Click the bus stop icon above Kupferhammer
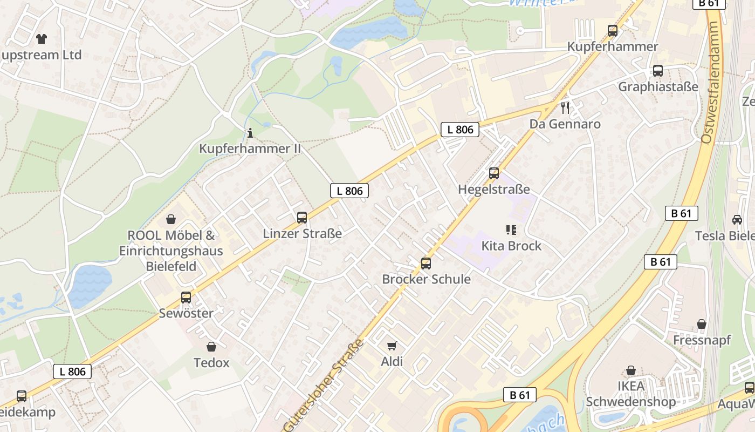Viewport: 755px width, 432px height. click(x=612, y=31)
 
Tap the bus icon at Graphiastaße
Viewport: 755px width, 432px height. click(x=657, y=71)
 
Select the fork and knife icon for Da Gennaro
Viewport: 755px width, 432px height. click(x=565, y=108)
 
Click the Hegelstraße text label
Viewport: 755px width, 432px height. click(x=493, y=190)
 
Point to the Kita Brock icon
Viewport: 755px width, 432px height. click(x=511, y=230)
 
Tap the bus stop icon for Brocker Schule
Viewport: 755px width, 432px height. click(x=426, y=264)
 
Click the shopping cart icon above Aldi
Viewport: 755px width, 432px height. click(x=392, y=346)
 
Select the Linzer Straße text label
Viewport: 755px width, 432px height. click(x=302, y=234)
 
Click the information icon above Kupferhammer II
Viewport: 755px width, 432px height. click(x=250, y=133)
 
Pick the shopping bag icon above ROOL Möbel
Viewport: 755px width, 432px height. click(x=171, y=219)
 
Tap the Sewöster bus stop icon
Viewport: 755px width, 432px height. click(x=186, y=298)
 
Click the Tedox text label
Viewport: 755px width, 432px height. click(x=211, y=362)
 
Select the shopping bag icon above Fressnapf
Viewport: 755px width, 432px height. click(x=701, y=324)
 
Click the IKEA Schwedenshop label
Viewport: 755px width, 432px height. click(x=630, y=394)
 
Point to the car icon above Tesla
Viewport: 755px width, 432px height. click(x=737, y=220)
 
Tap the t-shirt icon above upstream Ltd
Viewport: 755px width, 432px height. click(x=41, y=38)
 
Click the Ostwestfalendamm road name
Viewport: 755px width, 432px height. click(x=711, y=83)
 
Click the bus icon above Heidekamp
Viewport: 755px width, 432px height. click(x=22, y=396)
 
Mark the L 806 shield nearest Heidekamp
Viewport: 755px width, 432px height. click(x=72, y=372)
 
